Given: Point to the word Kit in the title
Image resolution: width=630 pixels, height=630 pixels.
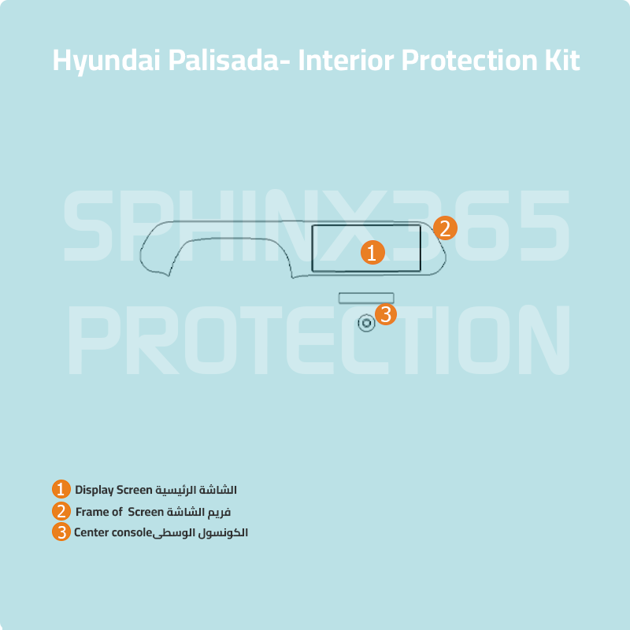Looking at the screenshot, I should (x=562, y=61).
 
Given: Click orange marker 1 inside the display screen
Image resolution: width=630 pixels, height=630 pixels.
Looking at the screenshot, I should (x=372, y=253).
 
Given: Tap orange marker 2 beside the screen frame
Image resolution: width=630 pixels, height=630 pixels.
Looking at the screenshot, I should (x=445, y=228).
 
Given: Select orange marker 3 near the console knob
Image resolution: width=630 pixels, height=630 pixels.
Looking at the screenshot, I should (x=385, y=314).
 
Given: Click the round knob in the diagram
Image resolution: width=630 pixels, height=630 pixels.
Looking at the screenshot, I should (x=366, y=323).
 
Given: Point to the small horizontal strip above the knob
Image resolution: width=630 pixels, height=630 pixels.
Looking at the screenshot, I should (x=366, y=297).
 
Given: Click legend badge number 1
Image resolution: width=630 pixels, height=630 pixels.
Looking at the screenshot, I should (x=61, y=489).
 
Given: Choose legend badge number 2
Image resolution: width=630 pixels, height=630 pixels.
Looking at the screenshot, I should (x=61, y=510).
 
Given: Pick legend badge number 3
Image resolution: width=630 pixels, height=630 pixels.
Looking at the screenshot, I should (x=61, y=532).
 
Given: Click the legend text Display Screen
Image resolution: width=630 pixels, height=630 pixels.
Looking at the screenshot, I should (x=112, y=490).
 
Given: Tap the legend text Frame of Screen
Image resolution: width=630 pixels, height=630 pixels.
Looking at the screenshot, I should (x=119, y=511).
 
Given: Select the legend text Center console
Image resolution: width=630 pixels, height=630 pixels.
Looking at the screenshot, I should (x=112, y=532).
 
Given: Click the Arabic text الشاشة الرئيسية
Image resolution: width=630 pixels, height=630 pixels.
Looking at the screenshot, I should (x=195, y=490).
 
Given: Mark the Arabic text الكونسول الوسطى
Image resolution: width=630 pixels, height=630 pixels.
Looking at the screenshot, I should (x=200, y=532).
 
